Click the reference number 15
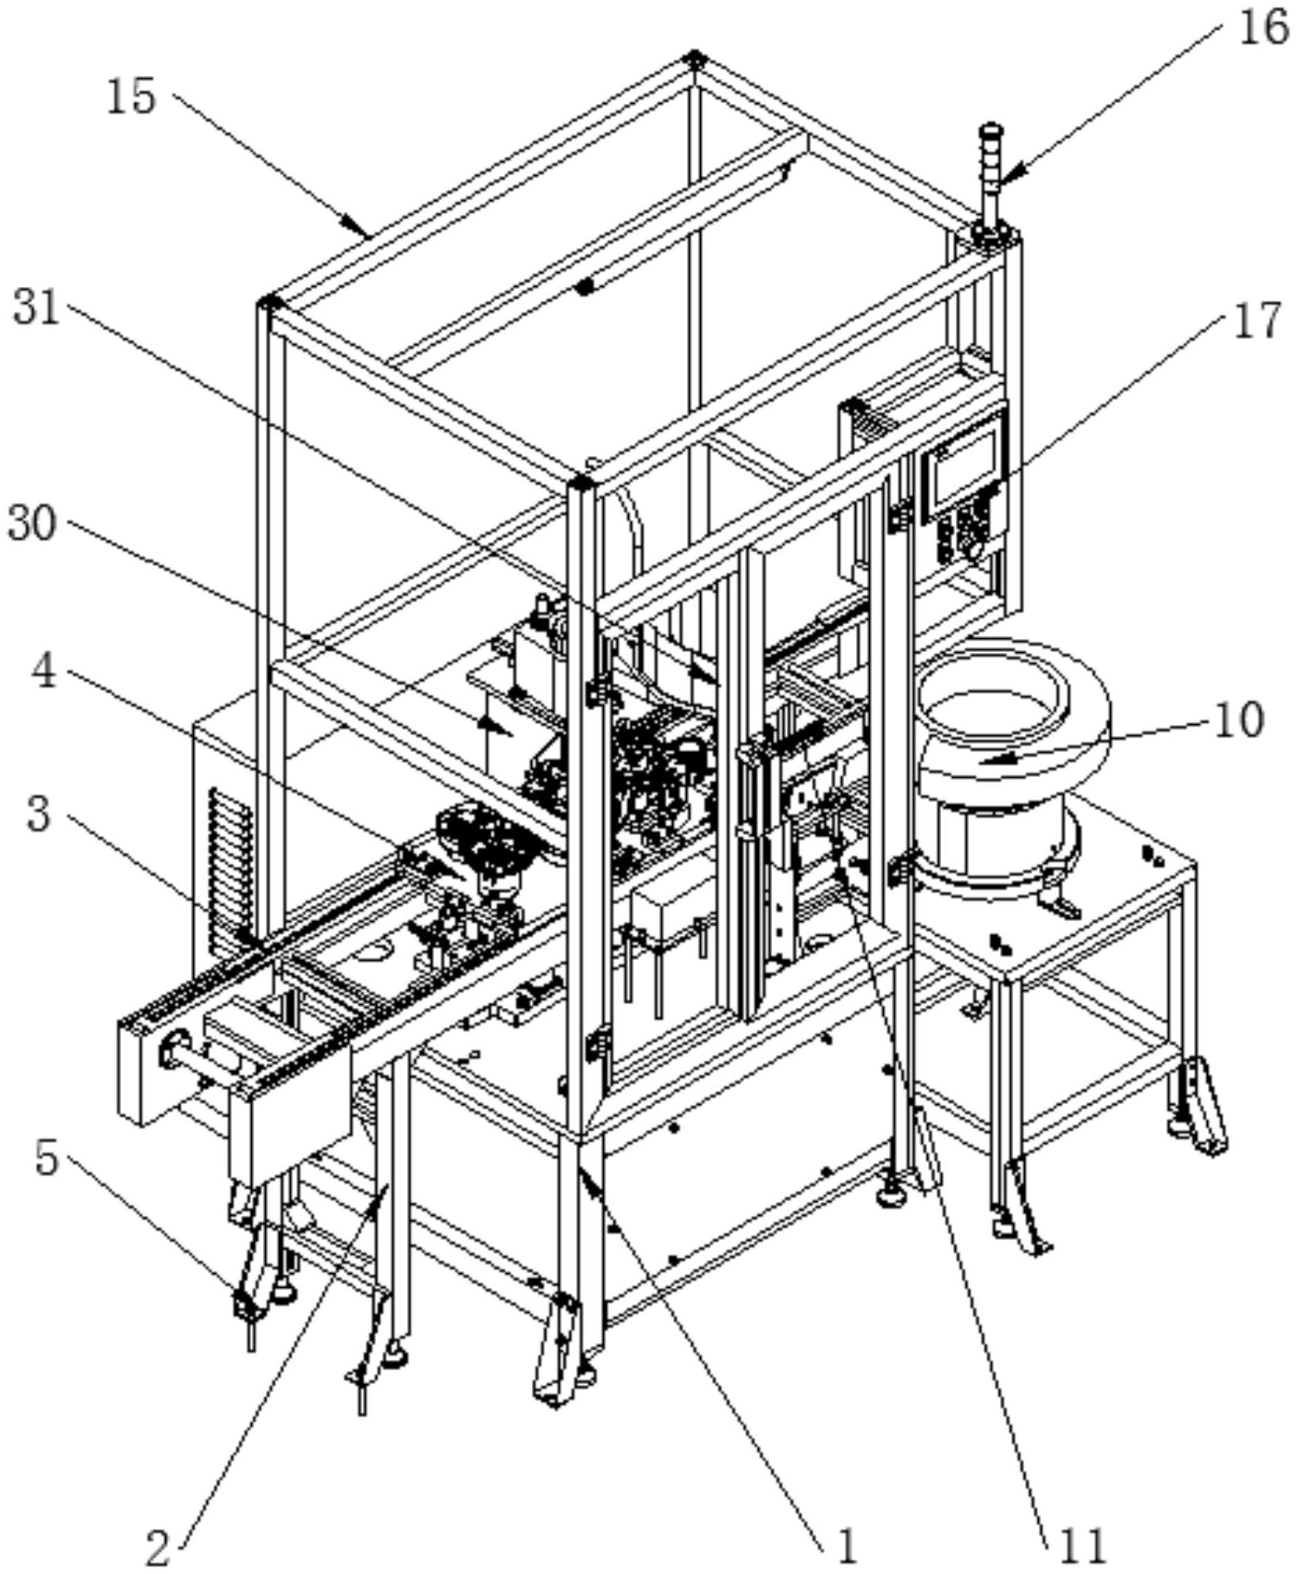131,98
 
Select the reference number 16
1261,29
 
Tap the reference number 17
1257,321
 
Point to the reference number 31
36,309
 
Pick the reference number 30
33,524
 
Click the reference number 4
43,671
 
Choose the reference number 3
39,815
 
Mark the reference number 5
47,1159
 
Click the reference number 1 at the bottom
847,1545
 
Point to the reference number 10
1238,720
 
